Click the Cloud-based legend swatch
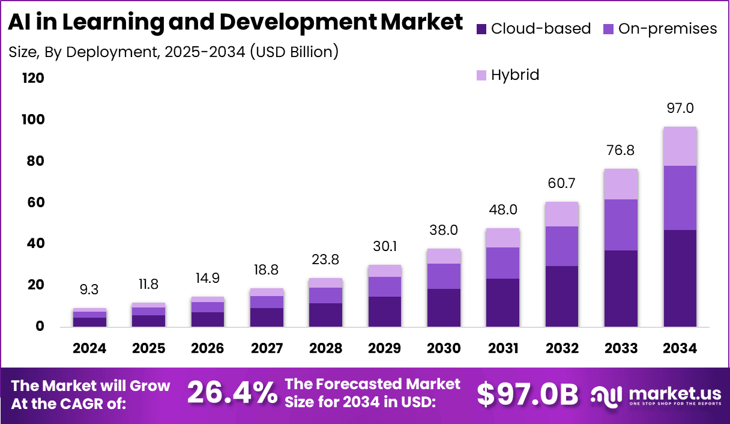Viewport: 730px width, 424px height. pos(481,29)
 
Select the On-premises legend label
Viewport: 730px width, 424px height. pos(668,28)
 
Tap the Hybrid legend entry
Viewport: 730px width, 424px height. pos(514,75)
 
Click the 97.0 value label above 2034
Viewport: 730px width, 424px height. pos(680,108)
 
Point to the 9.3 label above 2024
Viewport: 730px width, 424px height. pos(90,290)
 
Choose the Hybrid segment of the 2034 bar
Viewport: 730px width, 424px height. pos(680,147)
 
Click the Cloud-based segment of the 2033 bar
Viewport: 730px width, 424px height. pos(621,288)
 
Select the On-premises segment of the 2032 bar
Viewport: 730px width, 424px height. pos(563,246)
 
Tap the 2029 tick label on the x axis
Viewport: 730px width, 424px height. pos(385,349)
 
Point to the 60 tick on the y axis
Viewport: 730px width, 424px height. pos(35,202)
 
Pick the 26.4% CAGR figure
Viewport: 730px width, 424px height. pos(232,393)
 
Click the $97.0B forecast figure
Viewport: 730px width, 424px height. pos(528,394)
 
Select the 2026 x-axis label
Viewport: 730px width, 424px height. pos(208,349)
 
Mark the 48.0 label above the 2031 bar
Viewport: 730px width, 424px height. pos(503,210)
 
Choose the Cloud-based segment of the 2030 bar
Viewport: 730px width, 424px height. pos(444,307)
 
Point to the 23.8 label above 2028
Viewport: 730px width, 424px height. pos(326,260)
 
